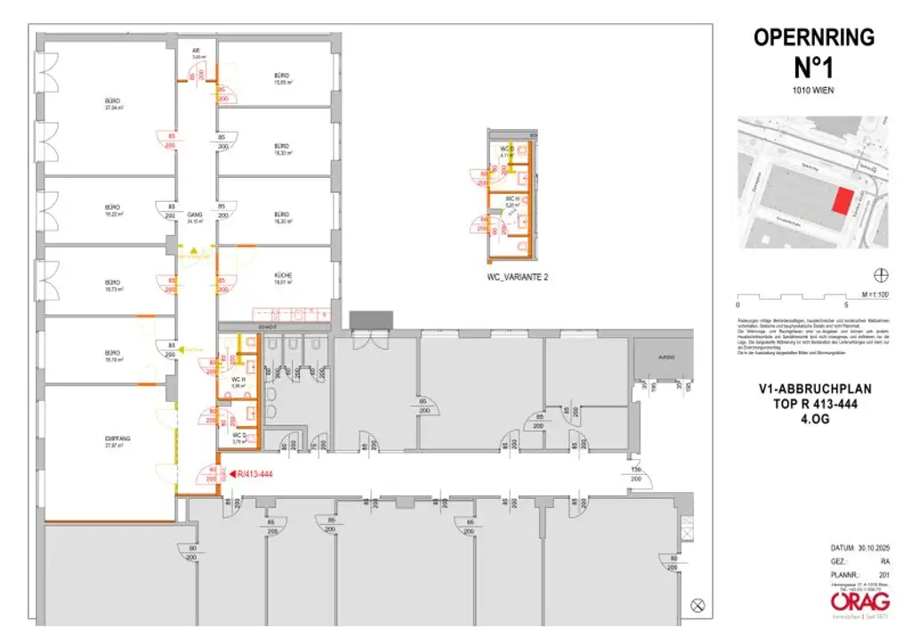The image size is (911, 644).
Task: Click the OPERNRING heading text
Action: [x=814, y=37]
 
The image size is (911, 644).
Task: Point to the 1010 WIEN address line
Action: [x=814, y=91]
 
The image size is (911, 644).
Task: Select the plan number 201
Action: [x=883, y=574]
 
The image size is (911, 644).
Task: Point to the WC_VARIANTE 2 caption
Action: [x=517, y=278]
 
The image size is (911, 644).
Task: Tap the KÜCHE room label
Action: [x=284, y=276]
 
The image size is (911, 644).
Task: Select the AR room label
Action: [x=196, y=51]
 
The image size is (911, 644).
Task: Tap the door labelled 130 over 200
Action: [x=636, y=473]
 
